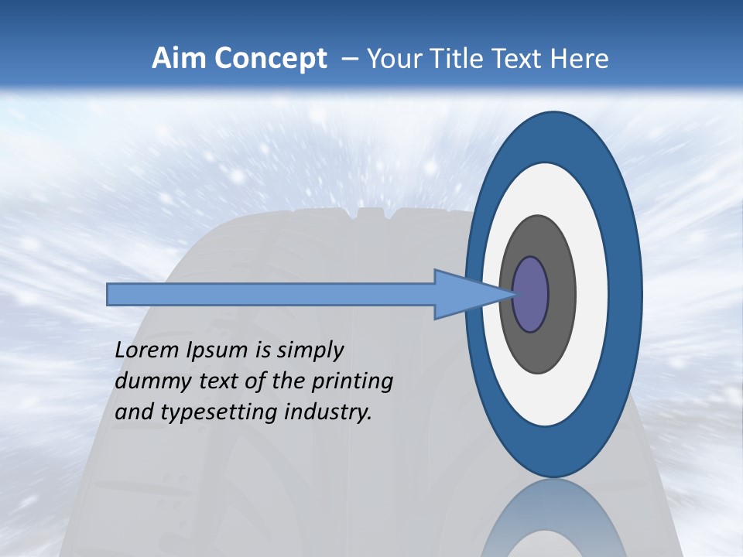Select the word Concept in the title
point(269,58)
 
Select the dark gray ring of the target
point(561,295)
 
